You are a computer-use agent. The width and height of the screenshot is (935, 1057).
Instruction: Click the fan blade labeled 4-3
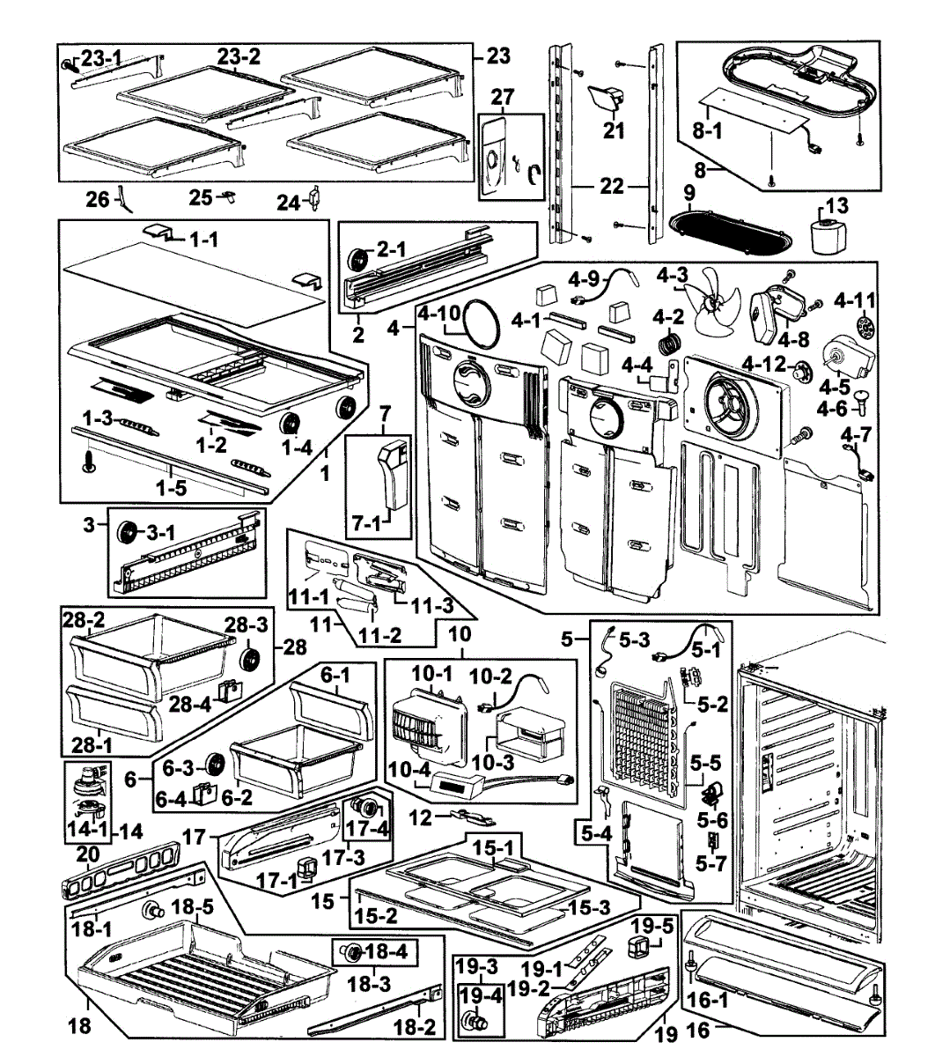coord(713,302)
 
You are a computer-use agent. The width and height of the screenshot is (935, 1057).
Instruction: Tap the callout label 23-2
coord(239,57)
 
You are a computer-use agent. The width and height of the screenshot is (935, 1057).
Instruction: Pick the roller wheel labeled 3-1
coord(126,533)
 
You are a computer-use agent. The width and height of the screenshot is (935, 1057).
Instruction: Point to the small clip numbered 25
coord(228,196)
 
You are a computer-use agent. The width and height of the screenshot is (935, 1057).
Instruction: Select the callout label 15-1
coord(493,847)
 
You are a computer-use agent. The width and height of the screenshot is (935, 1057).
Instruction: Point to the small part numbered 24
coord(314,197)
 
